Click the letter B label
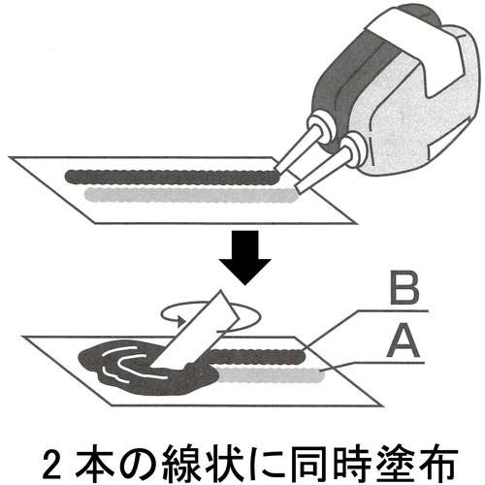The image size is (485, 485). tap(405, 290)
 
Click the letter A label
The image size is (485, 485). tap(403, 342)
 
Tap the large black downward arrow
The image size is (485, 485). tap(244, 258)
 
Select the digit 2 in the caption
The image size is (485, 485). tap(52, 466)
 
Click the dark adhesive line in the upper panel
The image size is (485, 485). tap(173, 178)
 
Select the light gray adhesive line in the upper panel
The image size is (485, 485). tap(191, 195)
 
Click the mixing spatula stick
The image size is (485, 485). tap(195, 332)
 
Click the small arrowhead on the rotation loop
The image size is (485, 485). tap(181, 321)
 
